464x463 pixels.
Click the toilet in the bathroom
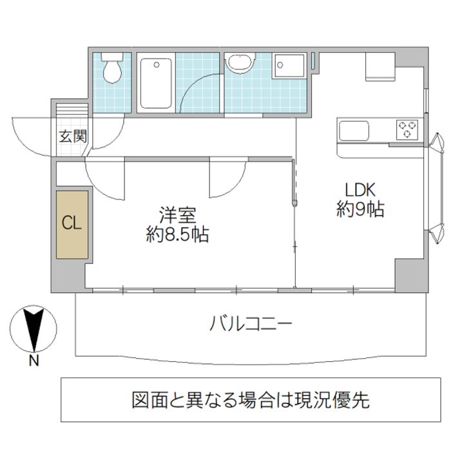click(x=112, y=70)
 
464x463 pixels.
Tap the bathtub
click(x=155, y=84)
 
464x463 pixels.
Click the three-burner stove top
click(x=408, y=129)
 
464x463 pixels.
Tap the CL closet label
click(x=71, y=223)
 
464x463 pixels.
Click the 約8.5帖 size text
click(x=177, y=235)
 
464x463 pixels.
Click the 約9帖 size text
click(x=360, y=209)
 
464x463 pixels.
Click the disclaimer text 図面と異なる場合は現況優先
click(x=250, y=400)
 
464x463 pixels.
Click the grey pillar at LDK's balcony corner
click(x=409, y=276)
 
